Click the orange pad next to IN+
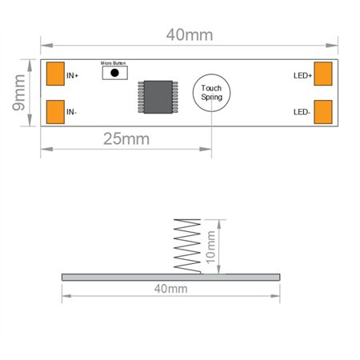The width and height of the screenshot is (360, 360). [x=56, y=75]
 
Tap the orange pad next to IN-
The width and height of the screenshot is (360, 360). [x=56, y=111]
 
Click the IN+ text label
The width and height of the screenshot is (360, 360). [x=73, y=76]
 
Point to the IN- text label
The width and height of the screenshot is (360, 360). [x=72, y=112]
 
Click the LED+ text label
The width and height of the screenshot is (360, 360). [x=302, y=76]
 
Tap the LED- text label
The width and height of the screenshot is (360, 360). [x=302, y=112]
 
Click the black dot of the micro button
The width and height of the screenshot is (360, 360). [x=114, y=73]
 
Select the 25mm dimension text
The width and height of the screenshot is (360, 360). [x=126, y=138]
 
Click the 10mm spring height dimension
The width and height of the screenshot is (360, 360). [x=211, y=246]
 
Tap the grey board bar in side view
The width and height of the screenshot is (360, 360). [x=171, y=276]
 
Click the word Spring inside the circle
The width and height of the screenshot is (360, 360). [x=212, y=98]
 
